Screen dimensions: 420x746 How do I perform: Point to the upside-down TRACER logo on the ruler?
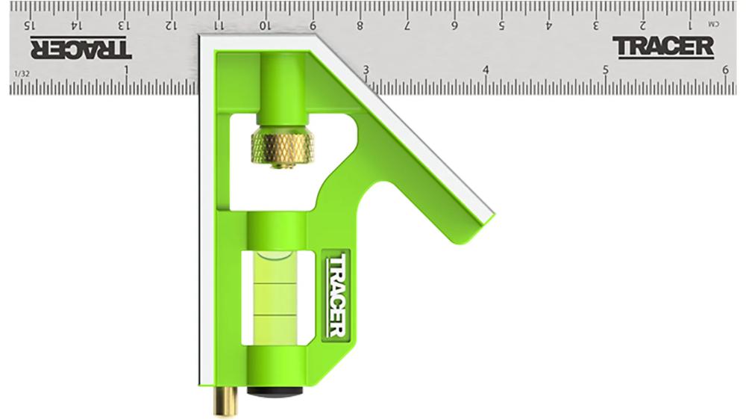point(81,48)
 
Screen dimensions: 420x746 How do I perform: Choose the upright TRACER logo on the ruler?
point(663,46)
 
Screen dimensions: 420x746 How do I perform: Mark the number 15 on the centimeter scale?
point(30,25)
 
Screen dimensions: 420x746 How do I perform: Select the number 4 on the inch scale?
point(486,70)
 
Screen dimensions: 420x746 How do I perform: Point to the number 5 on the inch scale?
point(606,70)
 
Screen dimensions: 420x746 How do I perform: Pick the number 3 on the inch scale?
point(366,70)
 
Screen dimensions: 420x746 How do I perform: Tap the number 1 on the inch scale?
point(126,70)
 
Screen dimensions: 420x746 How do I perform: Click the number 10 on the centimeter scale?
point(265,25)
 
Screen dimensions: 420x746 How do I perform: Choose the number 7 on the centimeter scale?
point(407,25)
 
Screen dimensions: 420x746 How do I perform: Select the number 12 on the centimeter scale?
point(170,25)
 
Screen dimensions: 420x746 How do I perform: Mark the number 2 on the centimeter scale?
point(643,25)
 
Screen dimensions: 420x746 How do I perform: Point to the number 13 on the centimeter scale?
point(123,25)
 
